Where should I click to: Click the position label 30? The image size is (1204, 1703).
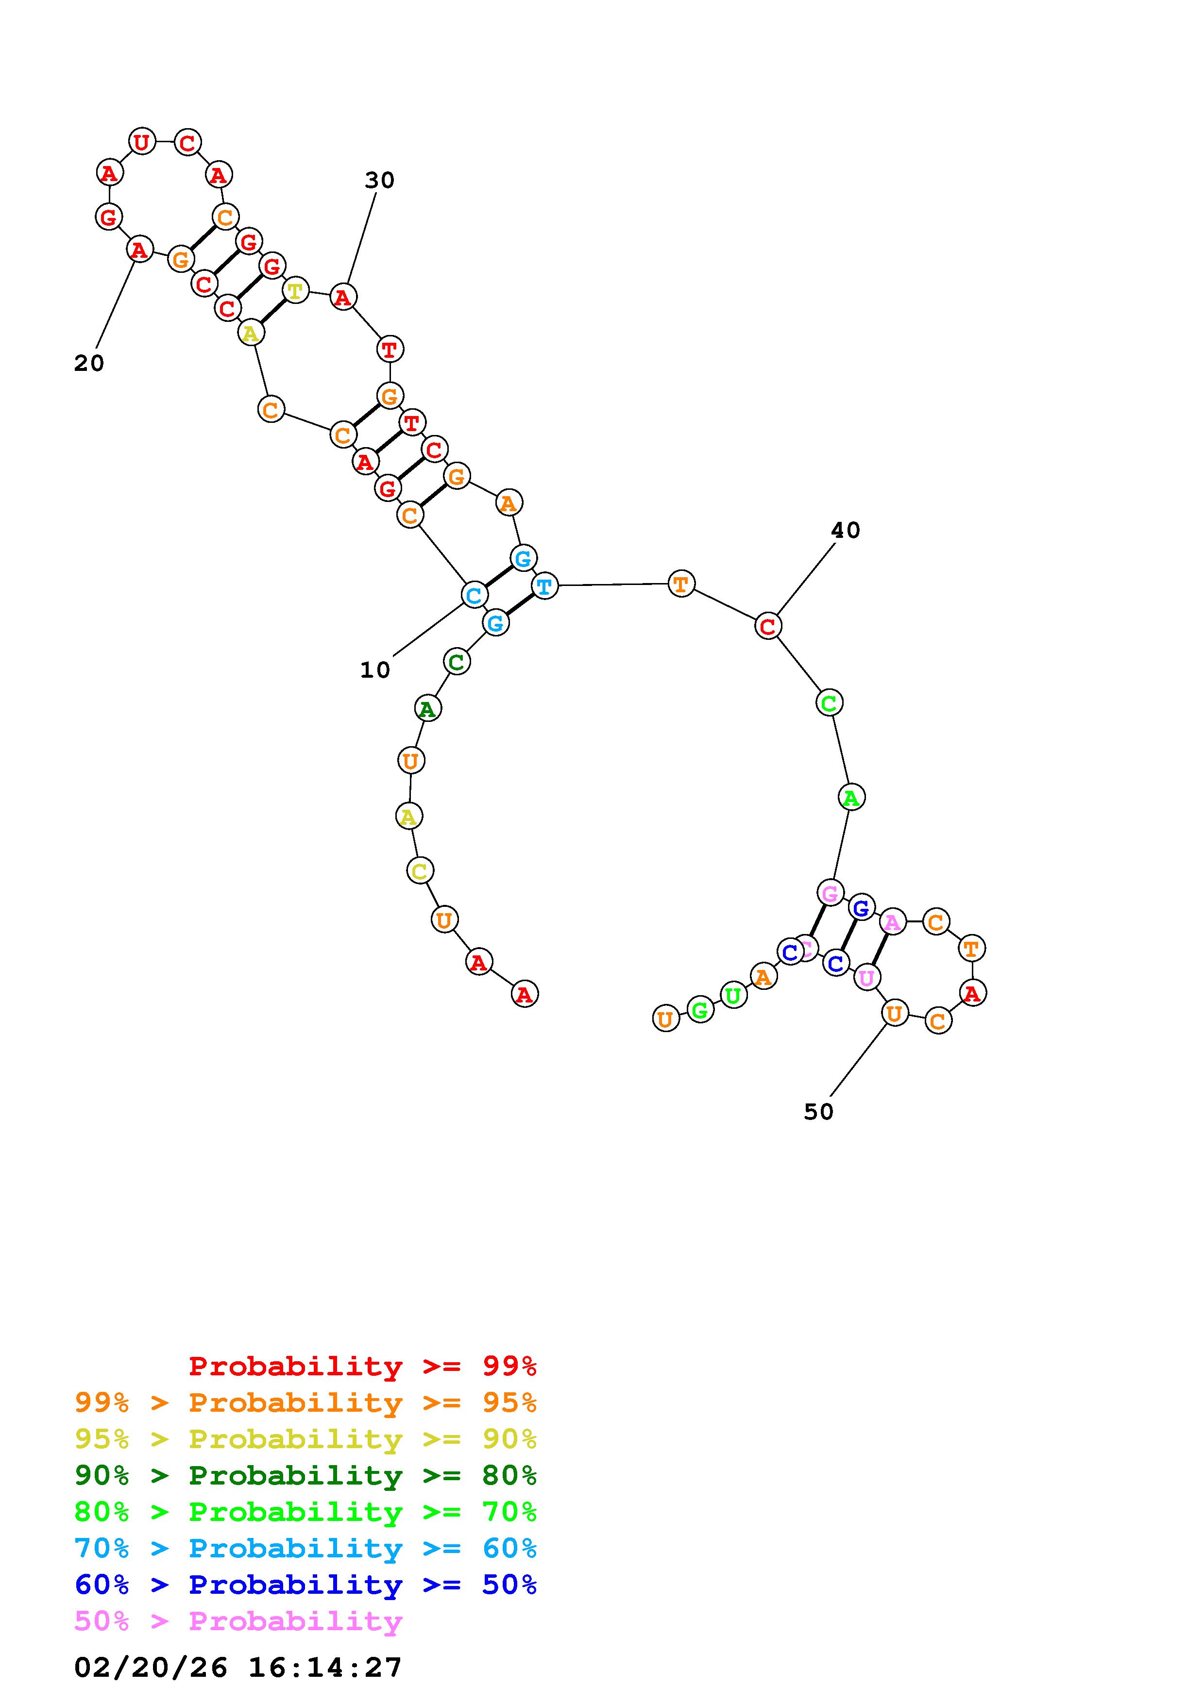click(x=379, y=180)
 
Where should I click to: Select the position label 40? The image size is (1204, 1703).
click(x=845, y=530)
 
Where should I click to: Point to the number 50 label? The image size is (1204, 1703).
click(x=818, y=1111)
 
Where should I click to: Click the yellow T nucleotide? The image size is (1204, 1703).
click(x=295, y=290)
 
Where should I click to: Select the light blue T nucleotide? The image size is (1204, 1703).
click(x=544, y=587)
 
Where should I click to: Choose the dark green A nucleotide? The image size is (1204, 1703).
click(x=427, y=709)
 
